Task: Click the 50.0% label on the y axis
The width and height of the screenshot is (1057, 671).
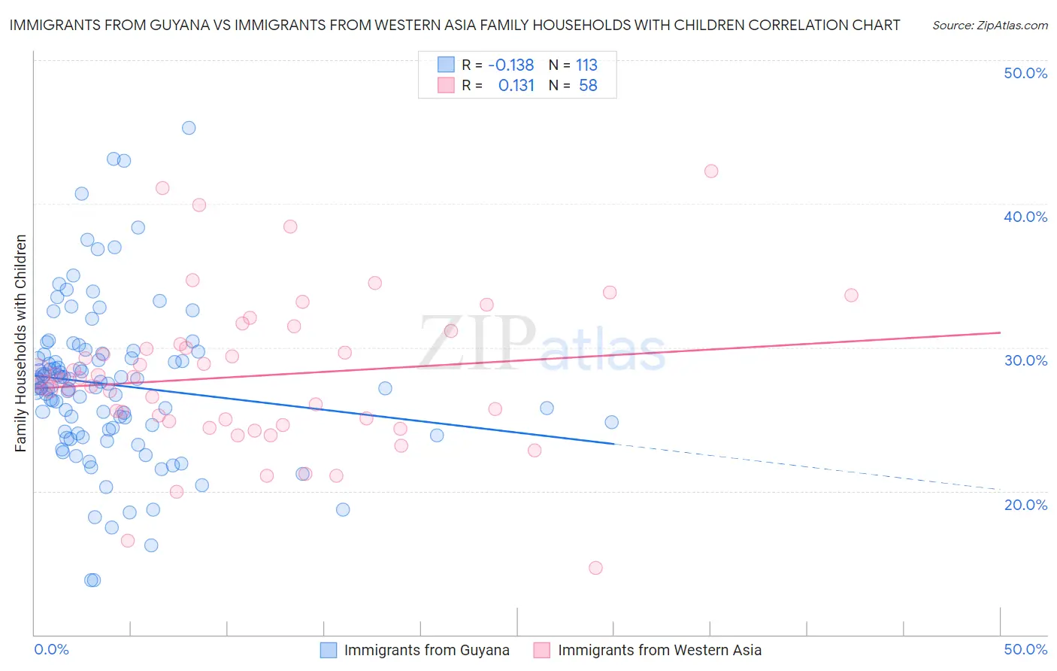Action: [1025, 73]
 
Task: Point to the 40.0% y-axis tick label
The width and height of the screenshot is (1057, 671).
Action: [1025, 217]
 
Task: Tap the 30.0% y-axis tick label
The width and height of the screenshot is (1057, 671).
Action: [1025, 360]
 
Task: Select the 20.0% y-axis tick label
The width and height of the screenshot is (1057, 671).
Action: [1025, 505]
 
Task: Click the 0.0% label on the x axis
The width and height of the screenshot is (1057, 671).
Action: [51, 649]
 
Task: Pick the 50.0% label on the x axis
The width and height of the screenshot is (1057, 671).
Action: [1025, 649]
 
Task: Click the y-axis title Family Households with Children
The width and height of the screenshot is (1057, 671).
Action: [20, 343]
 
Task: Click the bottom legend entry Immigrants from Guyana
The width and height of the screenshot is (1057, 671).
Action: [426, 650]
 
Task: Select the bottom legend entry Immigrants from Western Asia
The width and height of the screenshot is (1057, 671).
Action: [659, 650]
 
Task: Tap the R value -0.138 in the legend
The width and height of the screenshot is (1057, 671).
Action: [510, 65]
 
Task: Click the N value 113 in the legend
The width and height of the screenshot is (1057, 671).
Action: [586, 65]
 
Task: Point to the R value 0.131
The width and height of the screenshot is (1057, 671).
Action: [516, 86]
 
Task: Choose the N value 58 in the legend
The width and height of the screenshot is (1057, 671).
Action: [588, 86]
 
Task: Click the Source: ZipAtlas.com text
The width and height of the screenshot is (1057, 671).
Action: [989, 26]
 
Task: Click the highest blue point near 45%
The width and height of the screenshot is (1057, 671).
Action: [189, 128]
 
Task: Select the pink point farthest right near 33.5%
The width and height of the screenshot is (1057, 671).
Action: [851, 295]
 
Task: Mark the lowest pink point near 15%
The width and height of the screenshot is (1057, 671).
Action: [595, 568]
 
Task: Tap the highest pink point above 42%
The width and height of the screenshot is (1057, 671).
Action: [711, 171]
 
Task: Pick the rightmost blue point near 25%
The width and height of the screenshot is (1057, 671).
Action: [611, 422]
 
